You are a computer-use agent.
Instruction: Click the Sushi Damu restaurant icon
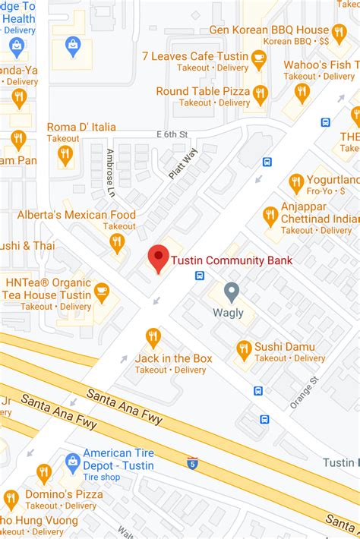pos(244,350)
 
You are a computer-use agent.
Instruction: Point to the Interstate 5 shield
pos(192,461)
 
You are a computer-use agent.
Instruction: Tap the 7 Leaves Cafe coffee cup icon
pos(259,57)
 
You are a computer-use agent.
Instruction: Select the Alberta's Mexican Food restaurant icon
pos(117,242)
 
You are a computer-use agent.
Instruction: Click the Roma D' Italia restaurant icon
pos(65,154)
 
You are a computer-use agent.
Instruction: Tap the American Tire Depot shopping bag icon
pos(73,461)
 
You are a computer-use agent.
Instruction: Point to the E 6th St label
pos(172,134)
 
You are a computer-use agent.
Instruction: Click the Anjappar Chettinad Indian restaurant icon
pos(270,216)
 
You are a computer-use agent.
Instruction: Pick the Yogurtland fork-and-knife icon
pos(296,182)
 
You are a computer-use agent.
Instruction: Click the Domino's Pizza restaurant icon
pos(44,472)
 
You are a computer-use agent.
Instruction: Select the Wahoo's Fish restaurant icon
pos(302,92)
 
